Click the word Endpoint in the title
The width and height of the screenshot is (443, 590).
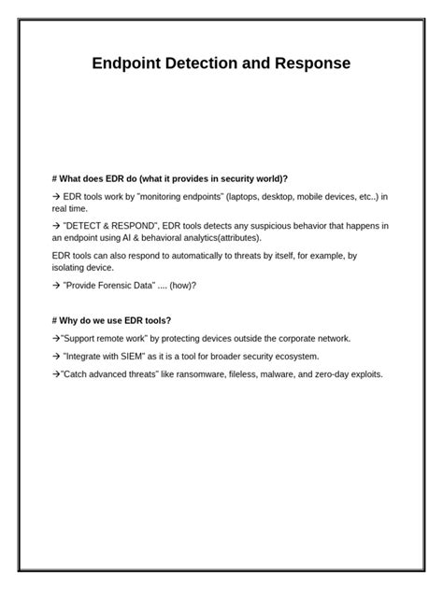[x=126, y=64]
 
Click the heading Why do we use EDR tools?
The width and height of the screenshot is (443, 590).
[x=112, y=320]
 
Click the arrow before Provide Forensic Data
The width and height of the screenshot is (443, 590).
[x=57, y=285]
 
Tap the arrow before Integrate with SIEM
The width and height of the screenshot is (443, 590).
[x=57, y=357]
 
